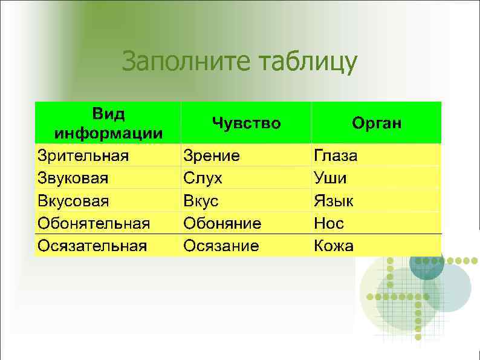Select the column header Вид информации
pyautogui.click(x=108, y=123)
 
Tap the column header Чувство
pyautogui.click(x=246, y=123)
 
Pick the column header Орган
pyautogui.click(x=377, y=123)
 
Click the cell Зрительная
pyautogui.click(x=83, y=155)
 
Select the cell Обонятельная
pyautogui.click(x=94, y=223)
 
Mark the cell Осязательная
pyautogui.click(x=92, y=246)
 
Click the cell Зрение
pyautogui.click(x=212, y=155)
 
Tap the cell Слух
pyautogui.click(x=203, y=178)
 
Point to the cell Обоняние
pyautogui.click(x=222, y=223)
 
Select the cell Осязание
pyautogui.click(x=221, y=246)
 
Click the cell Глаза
pyautogui.click(x=335, y=155)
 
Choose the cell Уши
pyautogui.click(x=330, y=178)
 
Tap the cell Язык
pyautogui.click(x=333, y=201)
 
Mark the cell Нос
pyautogui.click(x=329, y=223)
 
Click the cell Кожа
pyautogui.click(x=334, y=246)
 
